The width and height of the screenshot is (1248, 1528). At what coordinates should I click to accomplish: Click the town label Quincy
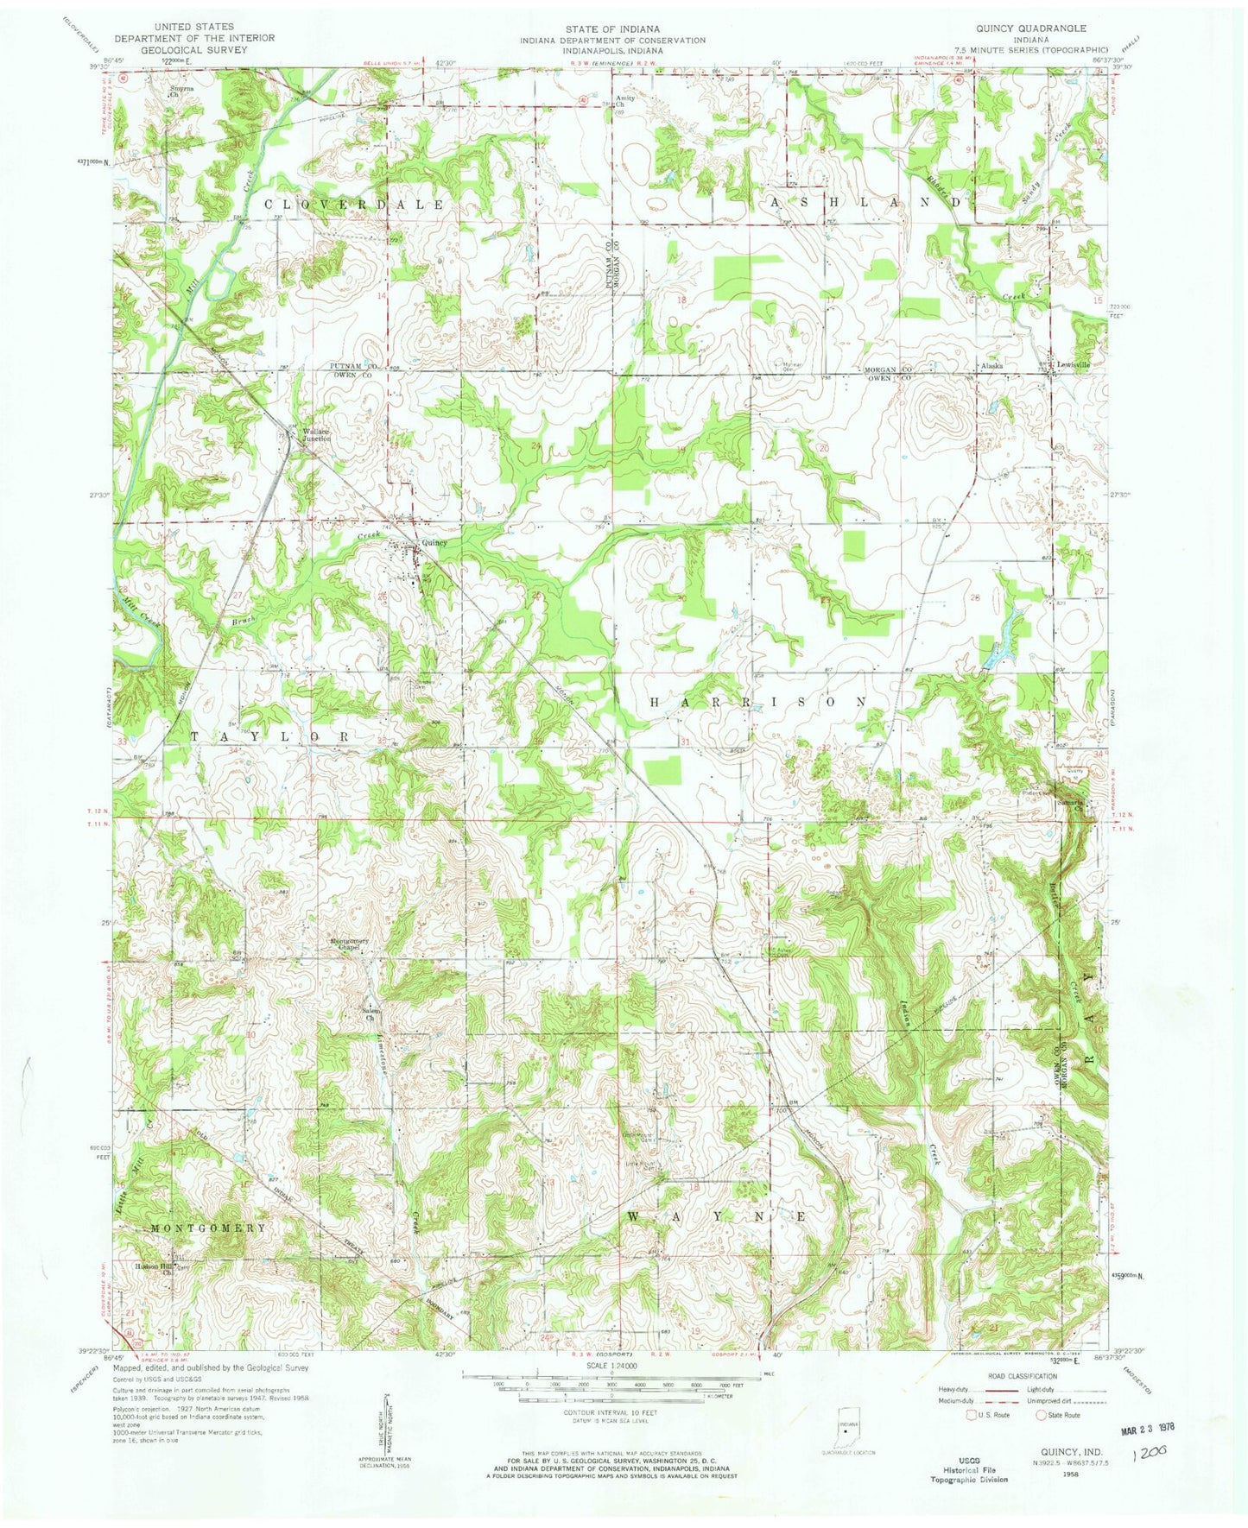tap(434, 543)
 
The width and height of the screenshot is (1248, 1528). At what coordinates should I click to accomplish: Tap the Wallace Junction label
tap(315, 435)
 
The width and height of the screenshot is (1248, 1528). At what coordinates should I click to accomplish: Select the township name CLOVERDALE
tap(354, 205)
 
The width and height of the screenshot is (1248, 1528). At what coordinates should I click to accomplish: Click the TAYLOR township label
tap(270, 736)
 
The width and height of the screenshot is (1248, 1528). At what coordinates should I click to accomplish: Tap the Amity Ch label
tap(625, 101)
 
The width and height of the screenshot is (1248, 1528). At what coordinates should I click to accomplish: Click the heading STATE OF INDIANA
tap(612, 28)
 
